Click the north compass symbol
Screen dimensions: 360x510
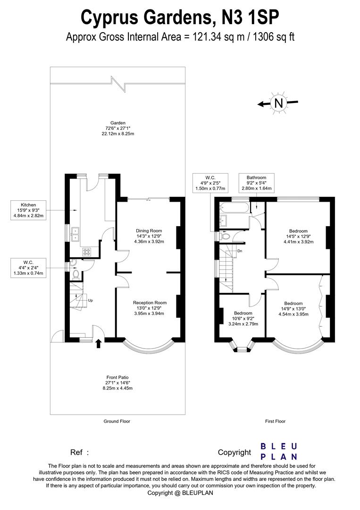click(278, 103)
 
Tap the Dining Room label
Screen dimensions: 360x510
click(149, 236)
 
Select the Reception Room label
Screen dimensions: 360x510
click(149, 308)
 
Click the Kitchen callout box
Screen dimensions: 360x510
click(29, 210)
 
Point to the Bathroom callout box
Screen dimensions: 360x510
click(256, 183)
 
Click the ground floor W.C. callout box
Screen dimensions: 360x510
click(29, 268)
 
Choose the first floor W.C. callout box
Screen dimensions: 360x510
click(210, 183)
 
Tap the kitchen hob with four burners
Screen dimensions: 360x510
click(87, 251)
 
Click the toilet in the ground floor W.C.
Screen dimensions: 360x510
click(76, 274)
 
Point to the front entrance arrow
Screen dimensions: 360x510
click(99, 344)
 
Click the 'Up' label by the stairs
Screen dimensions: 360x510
click(90, 300)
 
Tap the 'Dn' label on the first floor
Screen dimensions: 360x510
click(240, 251)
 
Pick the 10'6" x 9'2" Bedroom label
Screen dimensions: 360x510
click(243, 318)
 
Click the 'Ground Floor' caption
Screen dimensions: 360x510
click(117, 421)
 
